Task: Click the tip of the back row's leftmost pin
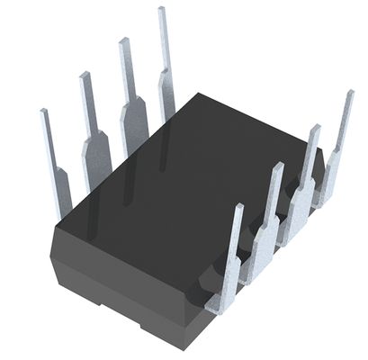(x=43, y=112)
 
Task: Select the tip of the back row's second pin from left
(x=84, y=75)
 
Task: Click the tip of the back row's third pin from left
(x=122, y=40)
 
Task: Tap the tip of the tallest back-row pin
(x=162, y=10)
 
